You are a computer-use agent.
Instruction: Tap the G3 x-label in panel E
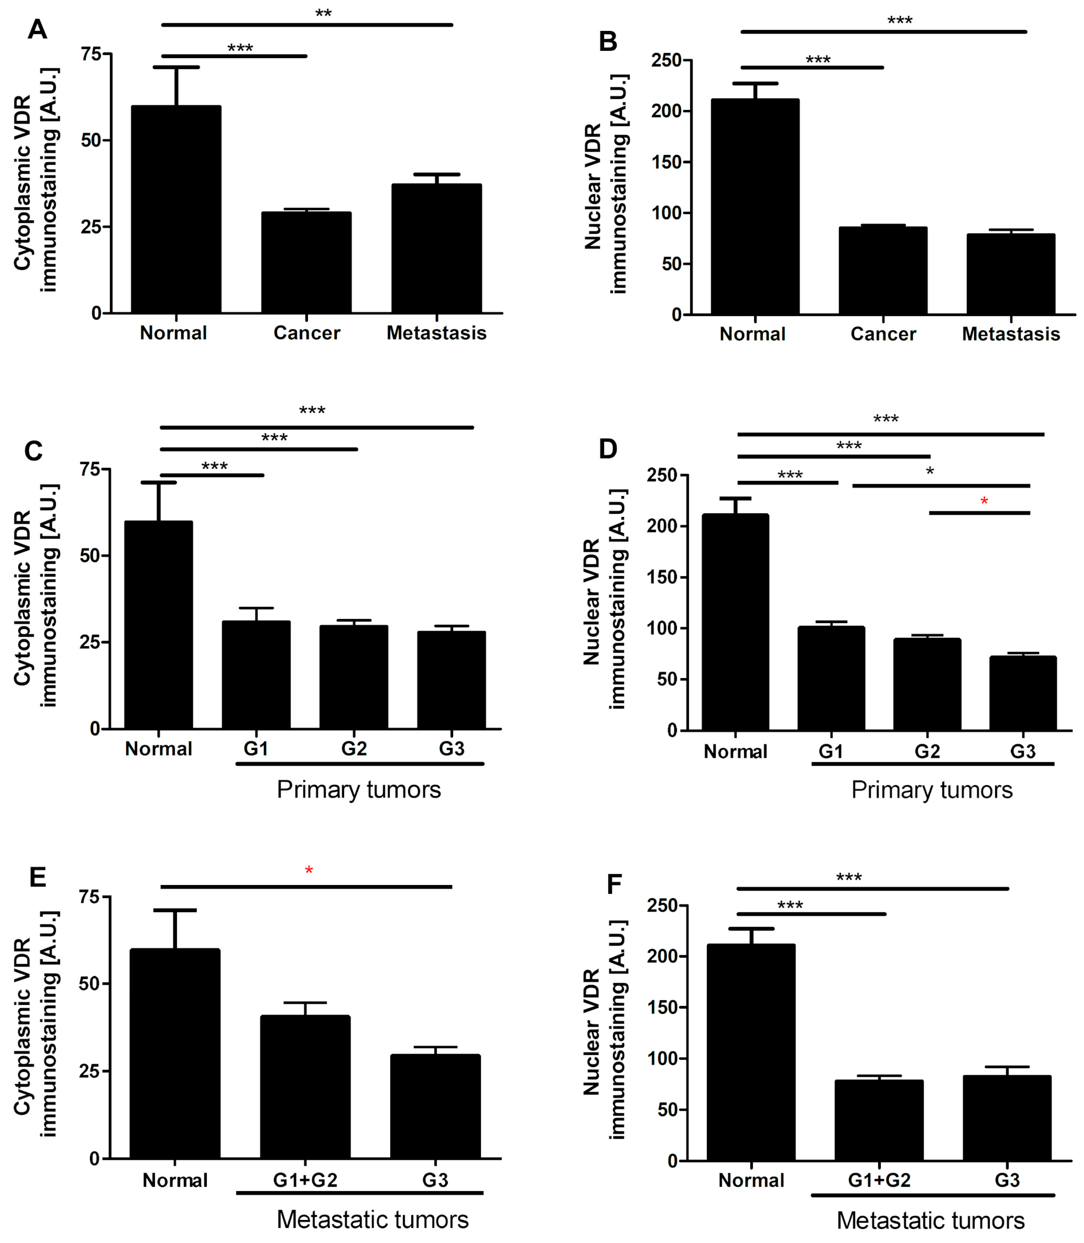tap(435, 1180)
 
